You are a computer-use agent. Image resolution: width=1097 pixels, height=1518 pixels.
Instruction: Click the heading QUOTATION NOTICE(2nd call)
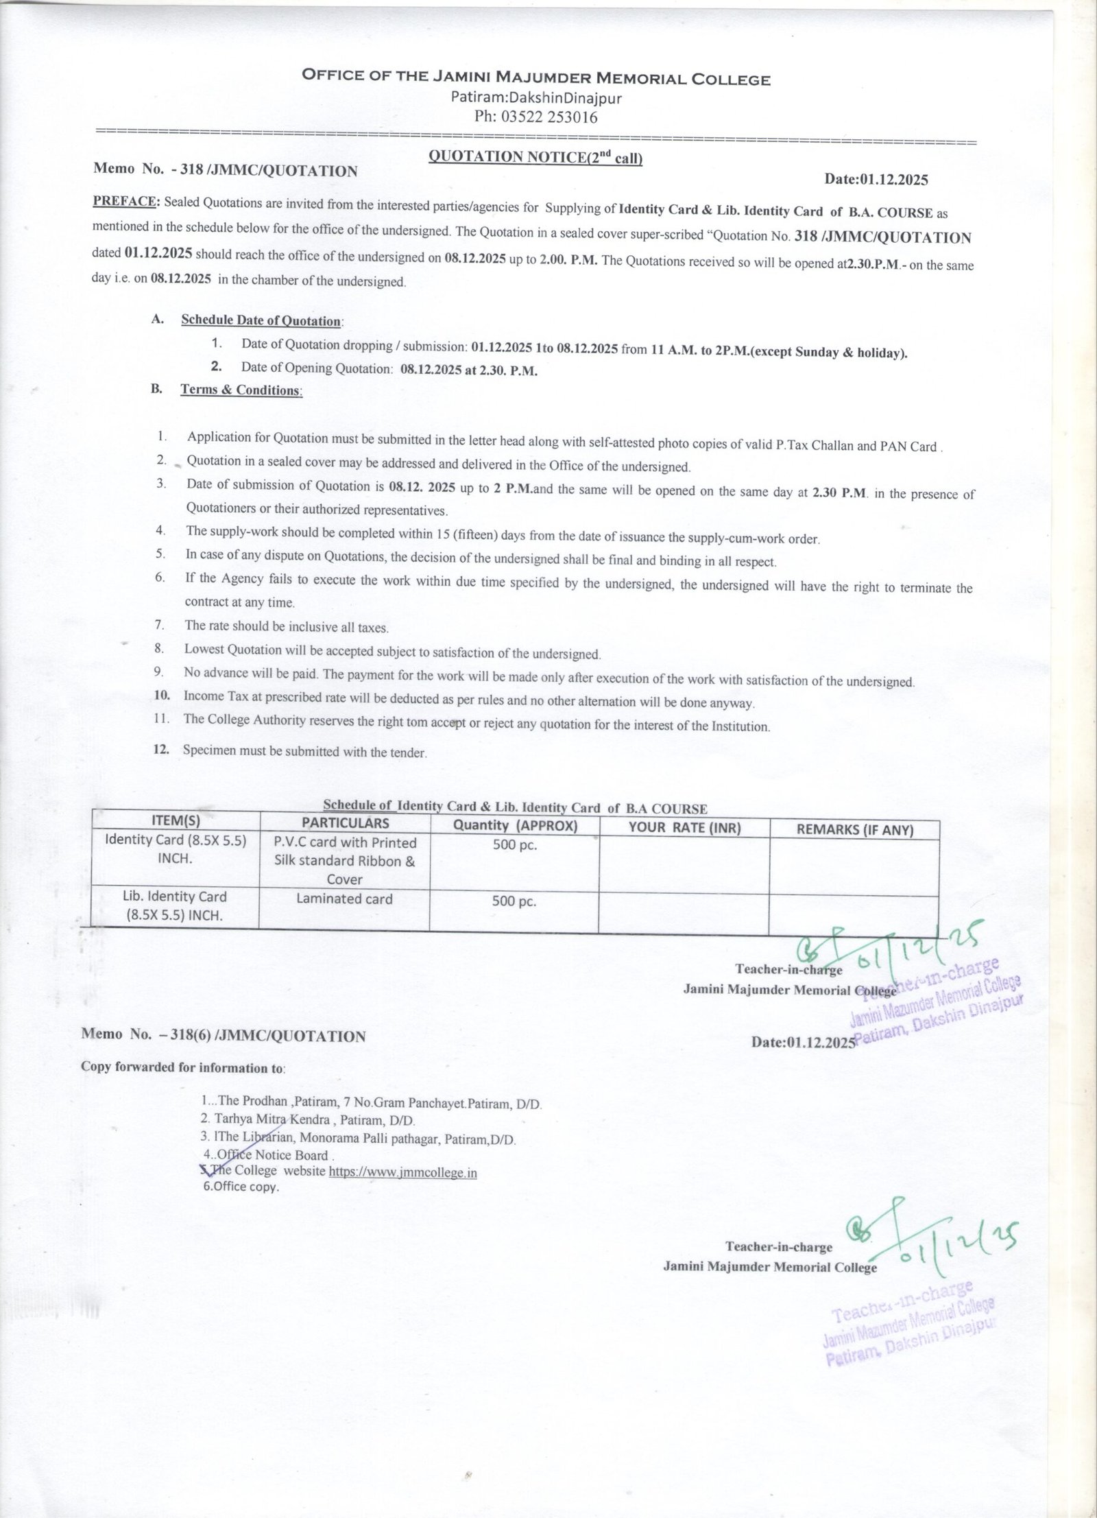click(x=535, y=157)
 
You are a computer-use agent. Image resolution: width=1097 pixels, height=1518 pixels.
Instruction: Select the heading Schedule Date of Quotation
click(x=261, y=320)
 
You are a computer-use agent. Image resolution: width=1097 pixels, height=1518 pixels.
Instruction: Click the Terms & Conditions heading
click(x=241, y=390)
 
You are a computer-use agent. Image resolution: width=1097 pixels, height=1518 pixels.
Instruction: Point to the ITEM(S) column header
click(x=176, y=820)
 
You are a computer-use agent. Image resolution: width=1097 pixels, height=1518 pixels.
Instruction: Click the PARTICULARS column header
click(x=346, y=823)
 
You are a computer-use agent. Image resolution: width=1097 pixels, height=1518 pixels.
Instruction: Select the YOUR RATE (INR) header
click(x=684, y=827)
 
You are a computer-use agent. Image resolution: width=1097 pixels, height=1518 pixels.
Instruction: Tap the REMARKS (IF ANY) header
click(x=854, y=830)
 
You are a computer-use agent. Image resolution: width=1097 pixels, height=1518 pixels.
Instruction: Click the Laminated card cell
click(x=344, y=899)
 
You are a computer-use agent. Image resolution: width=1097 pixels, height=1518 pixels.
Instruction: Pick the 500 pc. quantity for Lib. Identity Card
click(x=514, y=902)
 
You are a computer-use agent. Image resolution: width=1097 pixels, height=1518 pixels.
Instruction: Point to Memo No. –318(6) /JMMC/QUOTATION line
click(x=224, y=1036)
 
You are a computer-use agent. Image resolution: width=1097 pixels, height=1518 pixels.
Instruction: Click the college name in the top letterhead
click(x=536, y=79)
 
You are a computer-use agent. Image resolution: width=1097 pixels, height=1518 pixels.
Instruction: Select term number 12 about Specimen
click(x=304, y=751)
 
